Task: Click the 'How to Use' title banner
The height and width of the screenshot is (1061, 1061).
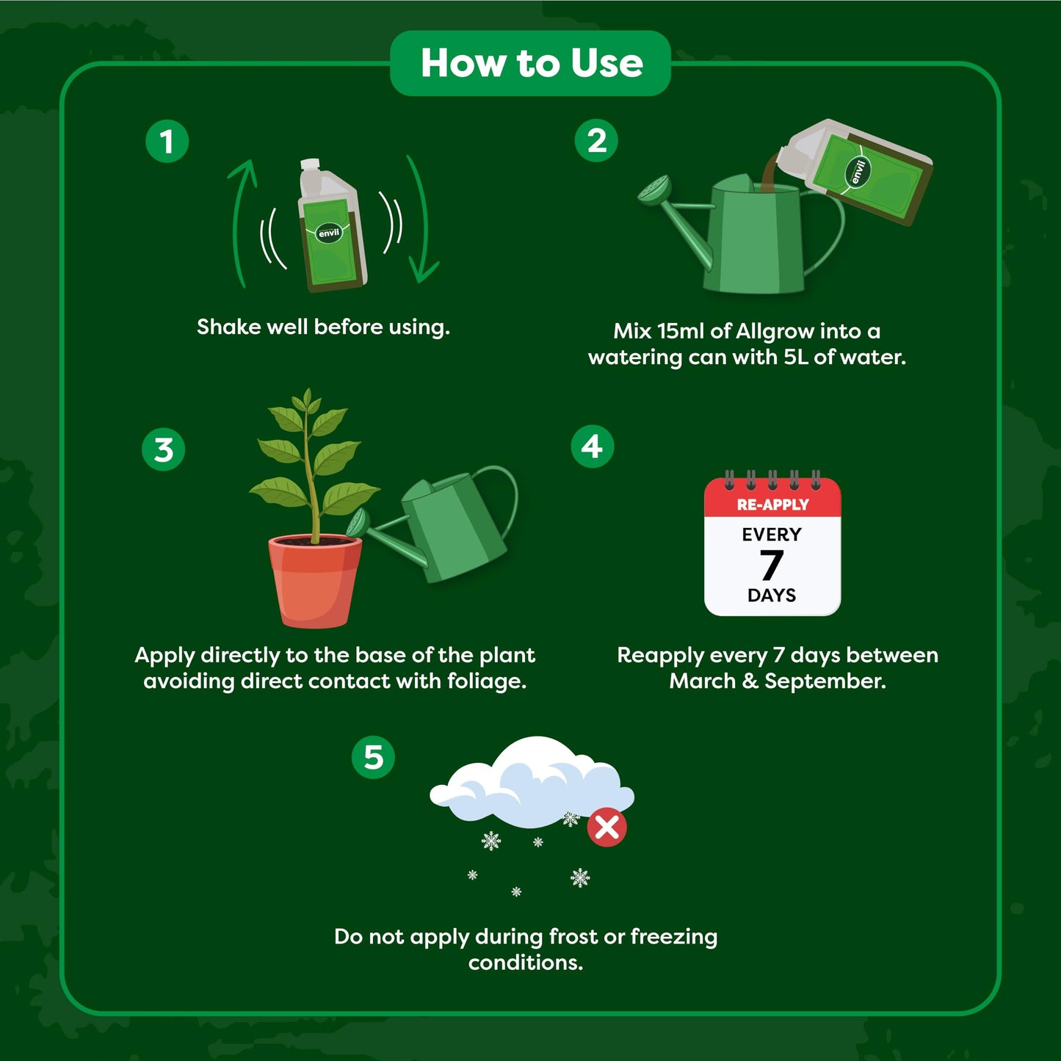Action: [x=531, y=63]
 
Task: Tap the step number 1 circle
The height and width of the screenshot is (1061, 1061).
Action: [x=167, y=141]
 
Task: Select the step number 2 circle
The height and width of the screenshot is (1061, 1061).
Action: [x=596, y=140]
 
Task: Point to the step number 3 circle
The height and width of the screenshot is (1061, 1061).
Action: [x=163, y=449]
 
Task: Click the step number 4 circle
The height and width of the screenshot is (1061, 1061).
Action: [x=592, y=446]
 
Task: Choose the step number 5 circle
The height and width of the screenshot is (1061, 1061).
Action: [x=373, y=757]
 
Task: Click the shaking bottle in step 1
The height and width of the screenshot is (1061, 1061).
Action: [x=331, y=228]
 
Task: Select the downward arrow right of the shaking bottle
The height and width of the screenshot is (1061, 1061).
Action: [x=422, y=220]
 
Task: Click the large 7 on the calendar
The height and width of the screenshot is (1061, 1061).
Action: [x=771, y=565]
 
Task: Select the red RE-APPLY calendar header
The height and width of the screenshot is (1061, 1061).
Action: [x=772, y=504]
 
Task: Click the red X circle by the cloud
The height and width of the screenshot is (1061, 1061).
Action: [x=606, y=828]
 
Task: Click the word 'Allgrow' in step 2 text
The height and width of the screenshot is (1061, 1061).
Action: [x=774, y=332]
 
